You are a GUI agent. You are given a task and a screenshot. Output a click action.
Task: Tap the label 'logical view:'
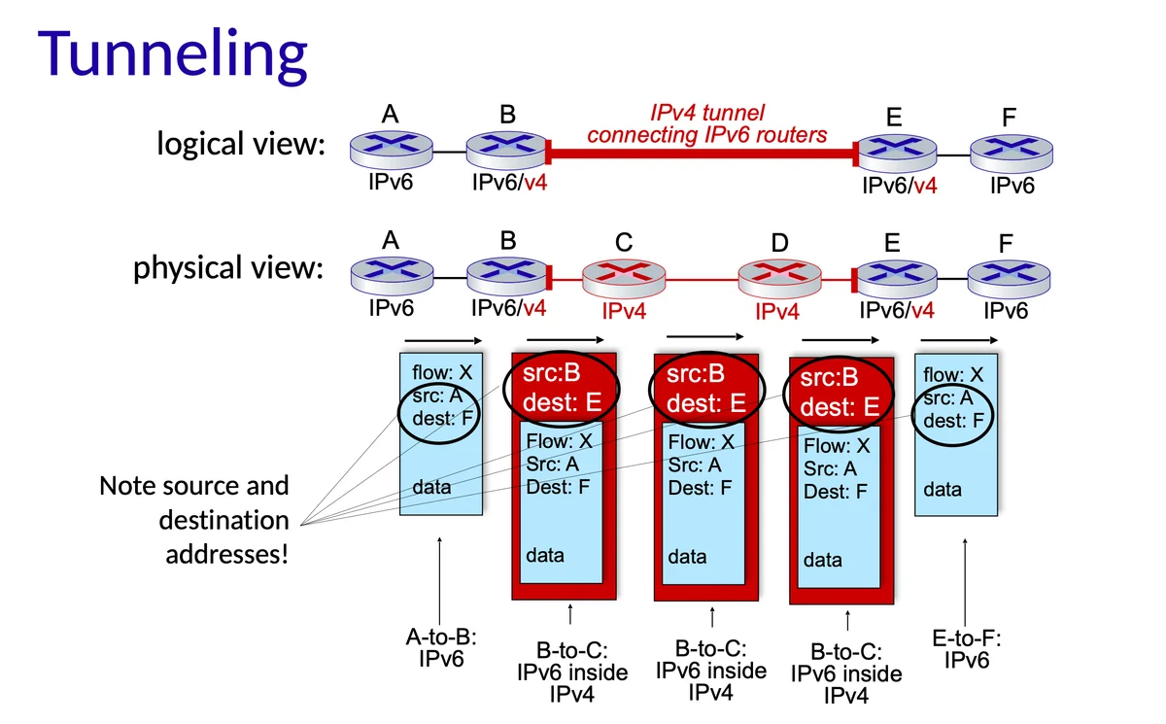point(240,145)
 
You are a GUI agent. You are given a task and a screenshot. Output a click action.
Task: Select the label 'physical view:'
point(227,267)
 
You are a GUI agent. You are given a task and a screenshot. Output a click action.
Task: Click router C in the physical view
point(624,278)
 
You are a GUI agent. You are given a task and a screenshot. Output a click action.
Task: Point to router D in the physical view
point(780,278)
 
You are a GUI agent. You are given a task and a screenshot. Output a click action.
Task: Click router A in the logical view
point(391,148)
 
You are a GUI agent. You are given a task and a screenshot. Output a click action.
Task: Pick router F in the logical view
point(1011,152)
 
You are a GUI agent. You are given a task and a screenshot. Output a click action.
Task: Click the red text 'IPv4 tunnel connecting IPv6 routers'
point(706,124)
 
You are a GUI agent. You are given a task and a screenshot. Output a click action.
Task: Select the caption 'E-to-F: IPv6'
point(967,649)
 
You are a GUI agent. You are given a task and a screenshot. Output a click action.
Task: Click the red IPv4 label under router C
point(624,312)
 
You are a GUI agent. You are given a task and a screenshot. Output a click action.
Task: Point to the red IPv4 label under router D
point(777,312)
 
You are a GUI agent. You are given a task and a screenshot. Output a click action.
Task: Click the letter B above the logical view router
point(507,115)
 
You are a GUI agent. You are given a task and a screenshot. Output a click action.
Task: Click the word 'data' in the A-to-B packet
point(431,487)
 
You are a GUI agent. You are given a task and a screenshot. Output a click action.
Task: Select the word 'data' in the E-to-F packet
point(943,490)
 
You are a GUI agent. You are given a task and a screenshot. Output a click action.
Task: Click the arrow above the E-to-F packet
point(958,340)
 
